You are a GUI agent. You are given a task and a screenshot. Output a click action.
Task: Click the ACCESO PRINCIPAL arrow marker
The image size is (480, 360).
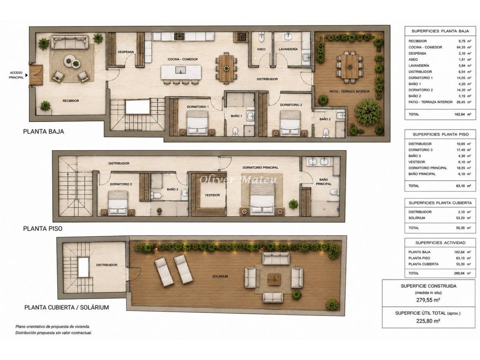click(x=27, y=75)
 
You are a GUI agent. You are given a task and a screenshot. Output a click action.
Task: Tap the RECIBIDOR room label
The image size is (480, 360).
click(x=70, y=101)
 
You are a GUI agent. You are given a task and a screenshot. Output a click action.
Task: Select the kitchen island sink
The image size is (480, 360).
click(x=181, y=70)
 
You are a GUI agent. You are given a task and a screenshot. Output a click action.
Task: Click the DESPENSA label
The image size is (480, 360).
click(x=126, y=52)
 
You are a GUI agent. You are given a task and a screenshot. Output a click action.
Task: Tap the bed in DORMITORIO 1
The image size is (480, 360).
click(x=198, y=123)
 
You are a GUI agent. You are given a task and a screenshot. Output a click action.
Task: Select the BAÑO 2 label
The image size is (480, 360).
click(x=325, y=119)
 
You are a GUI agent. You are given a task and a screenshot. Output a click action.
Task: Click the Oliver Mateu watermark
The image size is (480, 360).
click(x=238, y=180)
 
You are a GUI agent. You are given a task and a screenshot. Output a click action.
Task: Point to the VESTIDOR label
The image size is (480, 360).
click(x=212, y=195)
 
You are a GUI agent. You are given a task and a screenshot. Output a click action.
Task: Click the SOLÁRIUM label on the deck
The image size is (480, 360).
click(x=220, y=276)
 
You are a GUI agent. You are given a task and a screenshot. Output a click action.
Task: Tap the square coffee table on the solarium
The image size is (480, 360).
click(x=274, y=279)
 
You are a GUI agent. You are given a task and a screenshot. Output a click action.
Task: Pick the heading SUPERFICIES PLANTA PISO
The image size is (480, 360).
click(x=441, y=134)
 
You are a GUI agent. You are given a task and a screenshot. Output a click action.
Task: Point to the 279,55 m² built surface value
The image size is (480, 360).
click(x=428, y=300)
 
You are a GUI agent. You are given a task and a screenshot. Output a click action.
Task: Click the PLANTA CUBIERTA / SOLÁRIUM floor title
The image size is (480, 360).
click(x=66, y=307)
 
